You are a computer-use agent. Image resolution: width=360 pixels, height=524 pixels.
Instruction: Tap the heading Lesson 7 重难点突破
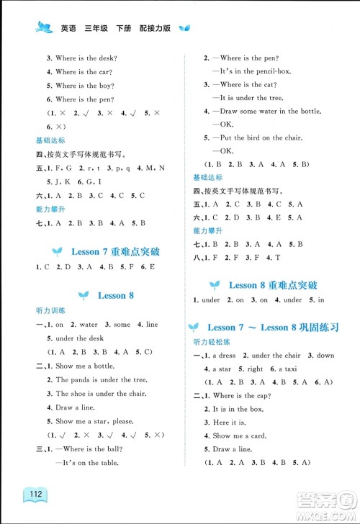pyautogui.click(x=115, y=252)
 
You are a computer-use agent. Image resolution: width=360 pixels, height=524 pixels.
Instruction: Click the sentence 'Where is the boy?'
pyautogui.click(x=86, y=86)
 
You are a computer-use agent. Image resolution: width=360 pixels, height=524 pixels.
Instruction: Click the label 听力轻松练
pyautogui.click(x=210, y=342)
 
